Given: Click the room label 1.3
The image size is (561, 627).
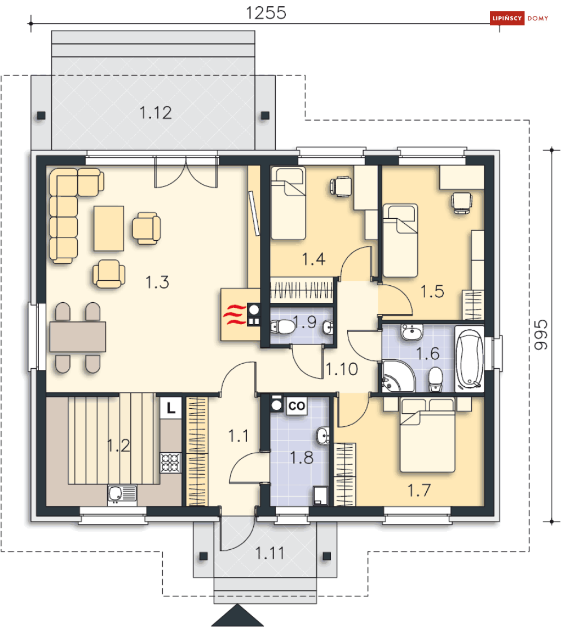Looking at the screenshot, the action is pos(157,282).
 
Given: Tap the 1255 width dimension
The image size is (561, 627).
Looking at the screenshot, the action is pos(266,13).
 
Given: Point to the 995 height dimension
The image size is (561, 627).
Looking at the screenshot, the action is pos(541,335).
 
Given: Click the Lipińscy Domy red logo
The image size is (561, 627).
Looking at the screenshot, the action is pos(519,18).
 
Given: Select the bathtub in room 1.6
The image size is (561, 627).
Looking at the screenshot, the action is pos(470,359).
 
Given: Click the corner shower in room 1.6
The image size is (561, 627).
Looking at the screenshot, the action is pos(398,376).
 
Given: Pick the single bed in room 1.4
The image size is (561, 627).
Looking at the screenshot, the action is pos(288,203).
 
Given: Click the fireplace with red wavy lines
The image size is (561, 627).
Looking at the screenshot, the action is pos(240,314).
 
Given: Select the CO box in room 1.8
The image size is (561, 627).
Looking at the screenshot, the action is pos(297,406).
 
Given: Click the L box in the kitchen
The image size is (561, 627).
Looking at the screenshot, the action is pos(171,408).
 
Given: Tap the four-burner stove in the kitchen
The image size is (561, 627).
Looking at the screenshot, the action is pos(170,463).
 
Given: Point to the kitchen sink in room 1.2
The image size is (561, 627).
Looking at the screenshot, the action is pos(122,494).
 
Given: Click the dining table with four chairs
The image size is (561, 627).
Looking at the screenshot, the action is pos(78,337).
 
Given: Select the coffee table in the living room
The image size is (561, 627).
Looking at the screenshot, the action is pos(109,228).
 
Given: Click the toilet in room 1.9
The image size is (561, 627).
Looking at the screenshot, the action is pos(282,326).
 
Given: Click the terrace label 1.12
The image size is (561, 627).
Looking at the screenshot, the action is pos(156,113).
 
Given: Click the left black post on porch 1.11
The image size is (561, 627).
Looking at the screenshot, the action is pos(204,556).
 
